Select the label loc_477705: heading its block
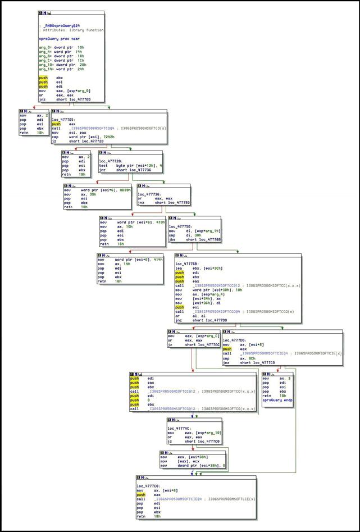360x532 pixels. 63,120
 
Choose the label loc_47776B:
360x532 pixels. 187,263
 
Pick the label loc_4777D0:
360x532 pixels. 235,340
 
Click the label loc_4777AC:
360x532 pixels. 179,428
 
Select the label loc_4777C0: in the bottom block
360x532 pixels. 148,485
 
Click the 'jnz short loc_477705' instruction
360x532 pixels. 66,99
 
